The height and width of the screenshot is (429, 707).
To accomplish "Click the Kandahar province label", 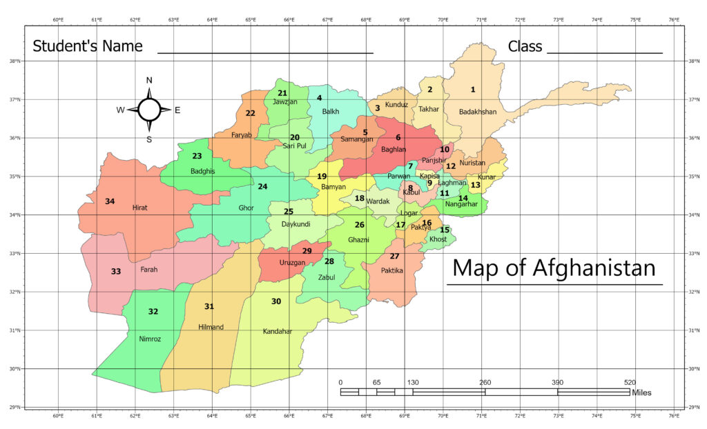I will pyautogui.click(x=278, y=332).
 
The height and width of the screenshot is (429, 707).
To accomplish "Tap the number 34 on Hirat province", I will pyautogui.click(x=110, y=201).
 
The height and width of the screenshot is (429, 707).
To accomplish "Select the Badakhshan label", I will pyautogui.click(x=478, y=112).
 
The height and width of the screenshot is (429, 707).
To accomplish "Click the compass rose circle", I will pyautogui.click(x=149, y=109).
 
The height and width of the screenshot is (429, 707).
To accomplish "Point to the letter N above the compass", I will pyautogui.click(x=149, y=80).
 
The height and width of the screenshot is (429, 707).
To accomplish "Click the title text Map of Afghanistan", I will pyautogui.click(x=554, y=268).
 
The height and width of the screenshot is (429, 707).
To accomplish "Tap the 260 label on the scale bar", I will pyautogui.click(x=485, y=383).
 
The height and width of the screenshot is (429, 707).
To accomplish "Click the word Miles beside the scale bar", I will pyautogui.click(x=641, y=393).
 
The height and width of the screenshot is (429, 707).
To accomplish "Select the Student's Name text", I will pyautogui.click(x=88, y=46).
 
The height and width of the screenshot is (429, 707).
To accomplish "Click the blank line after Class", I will pyautogui.click(x=604, y=52).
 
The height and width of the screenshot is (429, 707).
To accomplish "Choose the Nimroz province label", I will pyautogui.click(x=151, y=339).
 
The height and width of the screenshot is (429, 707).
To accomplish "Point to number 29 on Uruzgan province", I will pyautogui.click(x=307, y=251).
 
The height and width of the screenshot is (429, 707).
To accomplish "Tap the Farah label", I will pyautogui.click(x=149, y=270).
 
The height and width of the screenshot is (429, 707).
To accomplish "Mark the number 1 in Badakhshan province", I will pyautogui.click(x=473, y=90).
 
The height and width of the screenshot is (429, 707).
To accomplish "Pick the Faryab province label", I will pyautogui.click(x=241, y=135).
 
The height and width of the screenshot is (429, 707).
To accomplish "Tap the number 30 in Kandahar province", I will pyautogui.click(x=276, y=301).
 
